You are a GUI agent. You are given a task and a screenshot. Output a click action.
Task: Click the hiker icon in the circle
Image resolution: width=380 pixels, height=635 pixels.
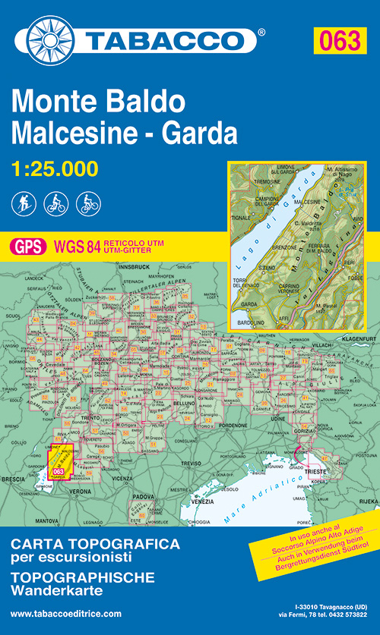[22, 203]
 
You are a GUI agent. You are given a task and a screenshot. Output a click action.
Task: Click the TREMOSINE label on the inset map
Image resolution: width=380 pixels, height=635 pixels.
[254, 182]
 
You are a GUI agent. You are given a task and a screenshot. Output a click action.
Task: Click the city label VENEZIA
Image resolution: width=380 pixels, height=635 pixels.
[181, 503]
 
